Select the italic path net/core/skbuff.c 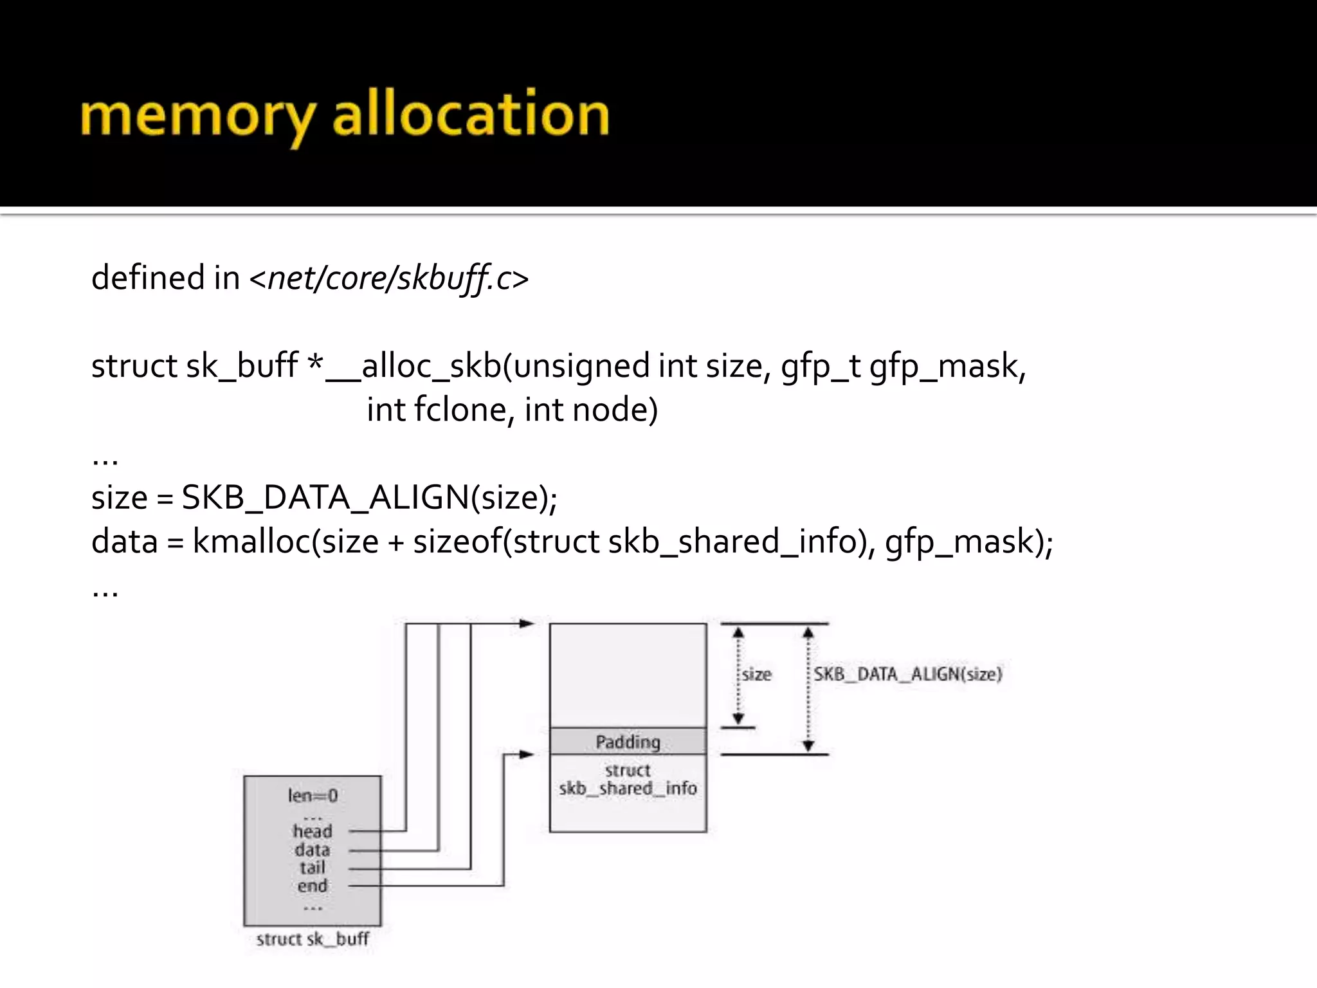tap(388, 279)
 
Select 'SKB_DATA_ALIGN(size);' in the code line tap(369, 497)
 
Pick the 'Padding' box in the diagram tap(628, 742)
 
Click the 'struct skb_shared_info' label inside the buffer tap(628, 780)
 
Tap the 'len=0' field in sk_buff tap(313, 796)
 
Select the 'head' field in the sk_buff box tap(313, 831)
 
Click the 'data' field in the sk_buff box tap(313, 850)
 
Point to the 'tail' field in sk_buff tap(313, 868)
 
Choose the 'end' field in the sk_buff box tap(313, 886)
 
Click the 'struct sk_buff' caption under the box tap(313, 939)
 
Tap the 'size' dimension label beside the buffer tap(756, 675)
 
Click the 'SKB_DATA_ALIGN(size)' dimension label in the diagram tap(907, 674)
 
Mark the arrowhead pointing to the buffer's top tap(527, 623)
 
